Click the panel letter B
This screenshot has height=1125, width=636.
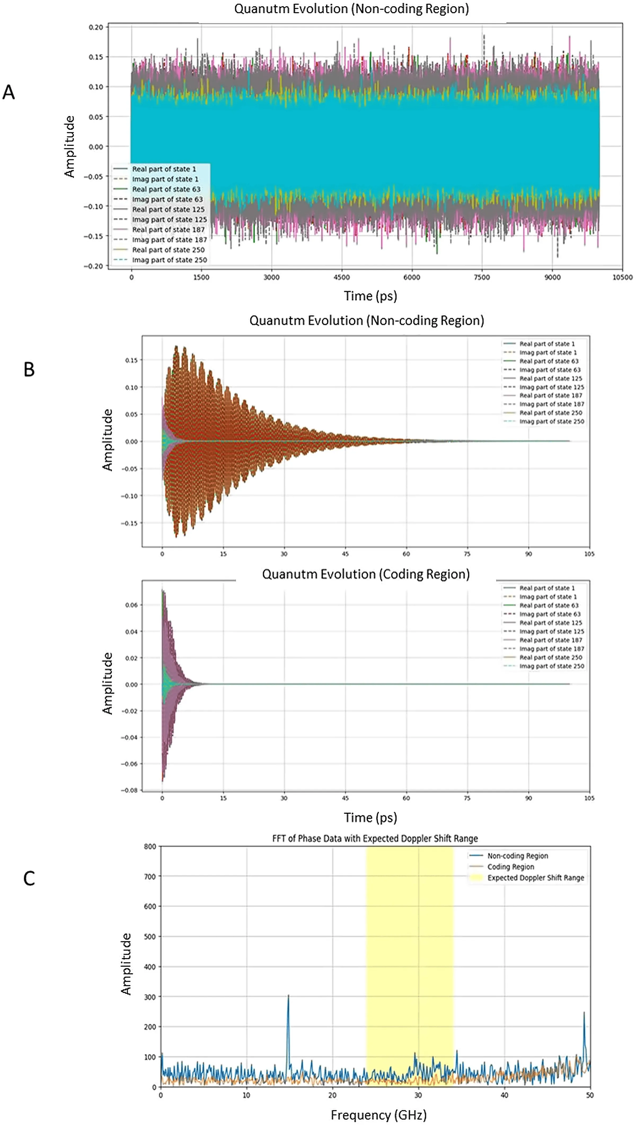point(29,370)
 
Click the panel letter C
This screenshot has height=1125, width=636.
point(29,878)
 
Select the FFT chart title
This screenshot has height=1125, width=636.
point(375,838)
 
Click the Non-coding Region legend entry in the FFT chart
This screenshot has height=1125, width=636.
point(518,856)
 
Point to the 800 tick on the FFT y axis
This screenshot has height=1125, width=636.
point(150,846)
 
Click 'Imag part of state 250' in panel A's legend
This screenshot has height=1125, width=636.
point(170,260)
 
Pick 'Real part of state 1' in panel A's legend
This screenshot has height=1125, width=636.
point(164,169)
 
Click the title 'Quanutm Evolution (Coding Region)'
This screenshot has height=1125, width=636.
point(366,574)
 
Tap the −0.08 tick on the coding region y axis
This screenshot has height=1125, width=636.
point(130,790)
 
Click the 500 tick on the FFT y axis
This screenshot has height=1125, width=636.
point(150,936)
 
